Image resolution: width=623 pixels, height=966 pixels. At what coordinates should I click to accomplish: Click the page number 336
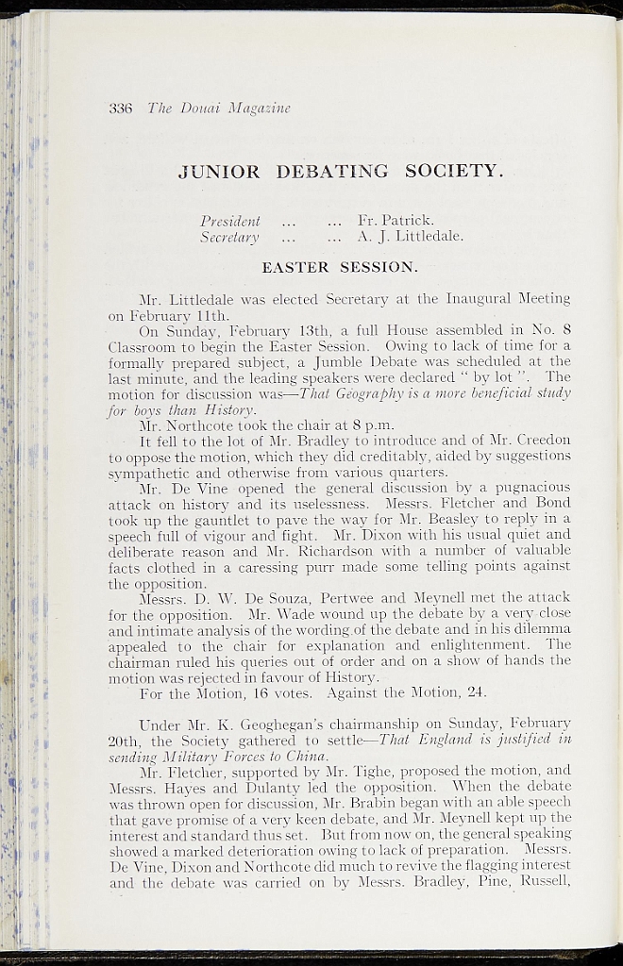[121, 108]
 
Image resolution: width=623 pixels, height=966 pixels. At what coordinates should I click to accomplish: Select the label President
[230, 221]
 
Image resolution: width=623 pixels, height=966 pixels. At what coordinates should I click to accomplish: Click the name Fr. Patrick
[396, 221]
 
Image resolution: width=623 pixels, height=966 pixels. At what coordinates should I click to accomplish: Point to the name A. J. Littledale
[411, 237]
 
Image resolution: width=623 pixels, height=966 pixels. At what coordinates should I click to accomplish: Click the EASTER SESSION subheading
[339, 268]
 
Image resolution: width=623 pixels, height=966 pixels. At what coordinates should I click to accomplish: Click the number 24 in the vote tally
[477, 692]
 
